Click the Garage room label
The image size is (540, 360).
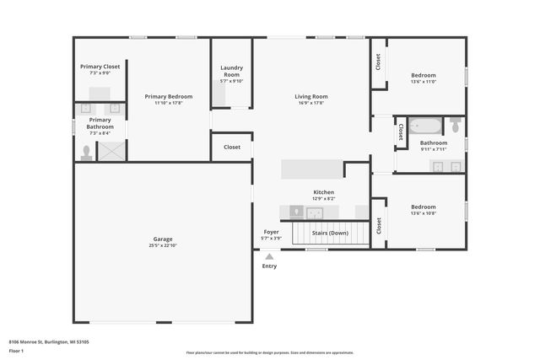pyautogui.click(x=164, y=239)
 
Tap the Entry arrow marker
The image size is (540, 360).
pyautogui.click(x=269, y=257)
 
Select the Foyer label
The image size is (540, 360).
pyautogui.click(x=271, y=231)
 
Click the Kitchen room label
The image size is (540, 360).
pyautogui.click(x=324, y=192)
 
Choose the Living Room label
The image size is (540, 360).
pyautogui.click(x=311, y=96)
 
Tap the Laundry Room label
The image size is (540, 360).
pyautogui.click(x=231, y=71)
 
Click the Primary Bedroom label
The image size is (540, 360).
pyautogui.click(x=169, y=96)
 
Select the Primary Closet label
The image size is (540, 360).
pyautogui.click(x=100, y=67)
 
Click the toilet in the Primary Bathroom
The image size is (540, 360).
pyautogui.click(x=85, y=153)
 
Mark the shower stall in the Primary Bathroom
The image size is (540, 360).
pyautogui.click(x=111, y=151)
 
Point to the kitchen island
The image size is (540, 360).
pyautogui.click(x=312, y=168)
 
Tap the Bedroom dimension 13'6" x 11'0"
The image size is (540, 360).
pyautogui.click(x=424, y=82)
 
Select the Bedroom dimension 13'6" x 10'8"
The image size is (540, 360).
pyautogui.click(x=424, y=213)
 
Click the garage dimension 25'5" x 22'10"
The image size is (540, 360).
pyautogui.click(x=164, y=244)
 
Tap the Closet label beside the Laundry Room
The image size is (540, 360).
pyautogui.click(x=231, y=147)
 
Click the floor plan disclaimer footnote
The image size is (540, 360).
pyautogui.click(x=270, y=352)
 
